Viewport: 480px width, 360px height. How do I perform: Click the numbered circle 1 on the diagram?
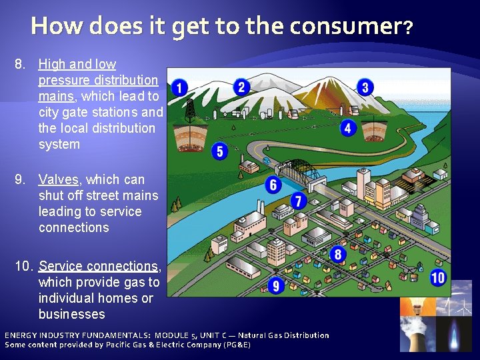(178, 87)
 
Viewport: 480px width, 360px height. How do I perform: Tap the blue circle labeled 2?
(242, 87)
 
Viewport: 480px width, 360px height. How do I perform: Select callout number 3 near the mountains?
(365, 87)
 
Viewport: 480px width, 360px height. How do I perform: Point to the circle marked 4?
(347, 127)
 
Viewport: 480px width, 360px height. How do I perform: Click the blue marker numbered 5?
(220, 151)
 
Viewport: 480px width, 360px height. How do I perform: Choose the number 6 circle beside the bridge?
(273, 185)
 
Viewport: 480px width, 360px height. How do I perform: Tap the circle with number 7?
(298, 201)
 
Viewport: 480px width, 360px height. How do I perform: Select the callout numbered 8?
(338, 254)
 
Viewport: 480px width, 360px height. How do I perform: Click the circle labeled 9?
(276, 286)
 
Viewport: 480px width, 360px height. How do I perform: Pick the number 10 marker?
(438, 278)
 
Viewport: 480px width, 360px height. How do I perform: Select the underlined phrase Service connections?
(98, 266)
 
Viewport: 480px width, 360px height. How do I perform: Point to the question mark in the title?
(408, 28)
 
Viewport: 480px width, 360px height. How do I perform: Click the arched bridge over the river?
(300, 169)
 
